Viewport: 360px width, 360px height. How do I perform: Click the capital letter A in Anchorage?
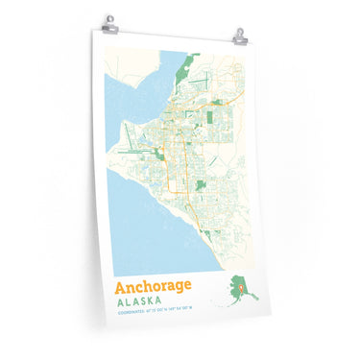pyautogui.click(x=120, y=287)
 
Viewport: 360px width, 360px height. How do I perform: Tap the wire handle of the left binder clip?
pyautogui.click(x=110, y=17)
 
